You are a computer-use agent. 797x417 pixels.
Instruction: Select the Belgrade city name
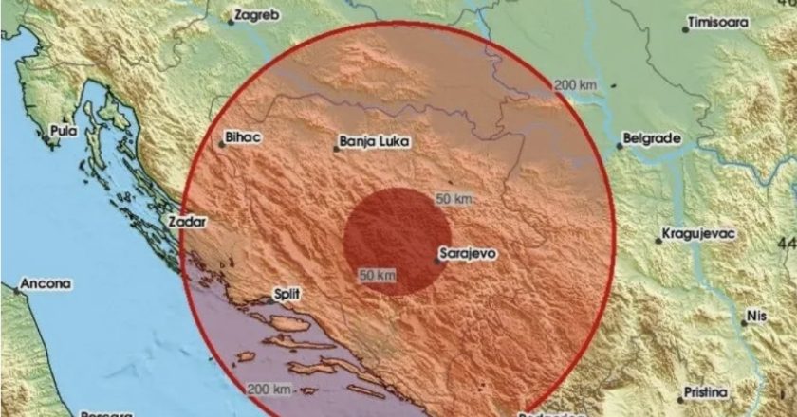coord(654,138)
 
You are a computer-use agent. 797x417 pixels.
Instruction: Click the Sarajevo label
coord(470,254)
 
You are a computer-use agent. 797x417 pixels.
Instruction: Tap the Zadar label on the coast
coord(186,221)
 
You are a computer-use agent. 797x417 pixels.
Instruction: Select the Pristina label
coord(709,392)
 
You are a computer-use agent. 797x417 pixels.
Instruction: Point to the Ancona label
coord(46,283)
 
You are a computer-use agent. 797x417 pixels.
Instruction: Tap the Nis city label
coord(755,313)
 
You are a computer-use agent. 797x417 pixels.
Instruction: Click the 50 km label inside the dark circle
coord(377,275)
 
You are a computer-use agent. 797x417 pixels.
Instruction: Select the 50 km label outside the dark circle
coord(454,199)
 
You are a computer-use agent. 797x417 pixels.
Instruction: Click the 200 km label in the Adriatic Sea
coord(269,390)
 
